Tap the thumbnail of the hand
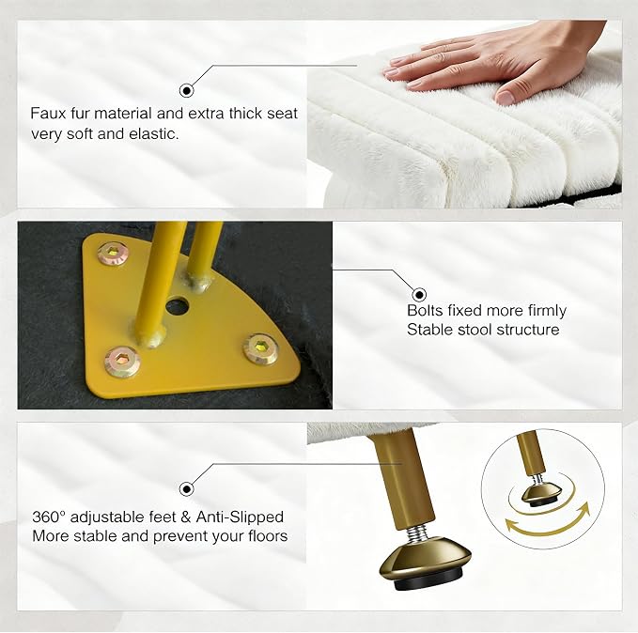click(x=505, y=97)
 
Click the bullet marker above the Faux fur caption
click(x=186, y=90)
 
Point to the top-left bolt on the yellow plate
click(x=113, y=254)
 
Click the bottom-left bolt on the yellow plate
click(x=122, y=360)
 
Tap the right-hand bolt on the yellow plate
click(x=261, y=348)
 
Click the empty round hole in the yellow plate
click(x=178, y=307)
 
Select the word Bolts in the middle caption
click(x=425, y=311)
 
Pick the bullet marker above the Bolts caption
click(x=419, y=294)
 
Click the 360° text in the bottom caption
click(x=49, y=517)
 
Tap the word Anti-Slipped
click(x=240, y=517)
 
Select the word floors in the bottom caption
click(x=268, y=535)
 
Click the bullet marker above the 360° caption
click(x=186, y=488)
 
